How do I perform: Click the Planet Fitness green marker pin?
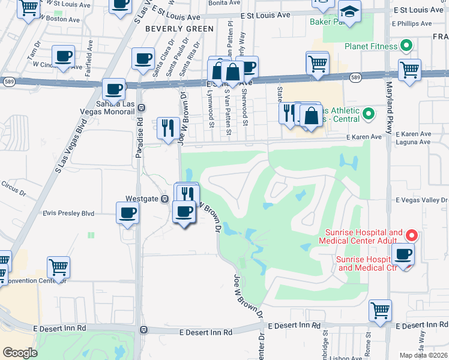tap(406, 46)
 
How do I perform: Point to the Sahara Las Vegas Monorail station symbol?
tap(141, 108)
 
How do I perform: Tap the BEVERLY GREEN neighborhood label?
tap(179, 29)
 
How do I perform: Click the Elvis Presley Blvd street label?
tap(68, 213)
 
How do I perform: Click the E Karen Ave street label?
tap(364, 137)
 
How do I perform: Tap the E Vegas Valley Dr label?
tap(421, 200)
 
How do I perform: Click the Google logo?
tap(20, 352)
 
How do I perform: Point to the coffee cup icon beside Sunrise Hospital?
tap(403, 253)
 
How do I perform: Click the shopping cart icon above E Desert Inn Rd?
tap(380, 310)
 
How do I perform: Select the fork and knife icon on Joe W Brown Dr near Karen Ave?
tap(168, 127)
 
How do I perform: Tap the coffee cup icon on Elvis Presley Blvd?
tap(128, 212)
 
